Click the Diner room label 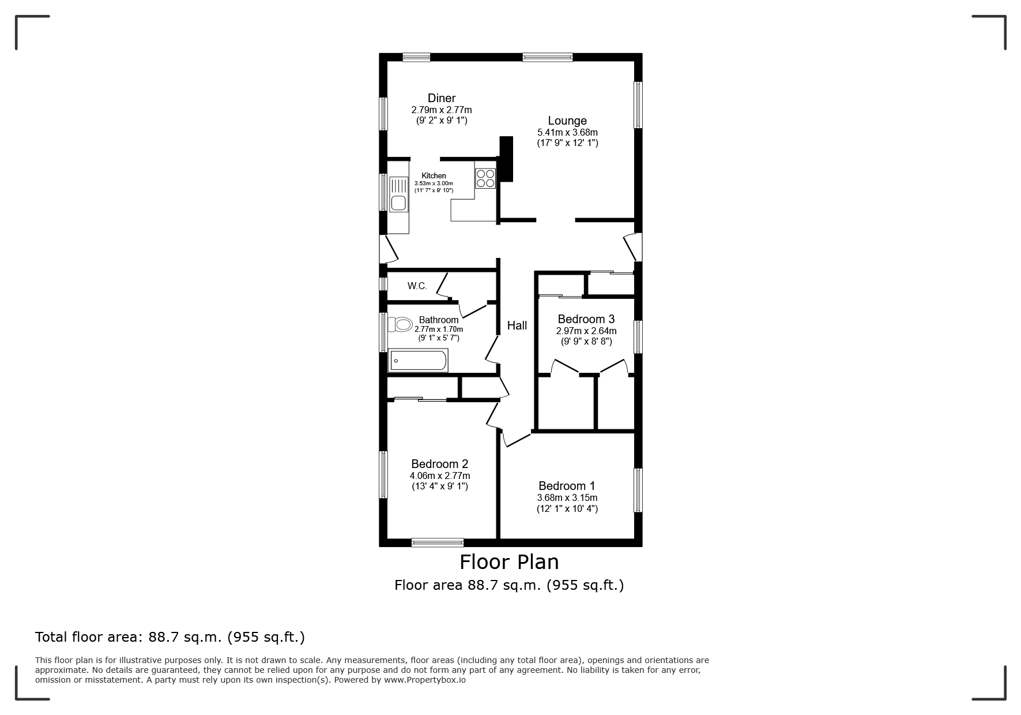point(442,98)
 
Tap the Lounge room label point(567,121)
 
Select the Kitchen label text point(434,176)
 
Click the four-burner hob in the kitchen point(485,178)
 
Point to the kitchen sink point(398,194)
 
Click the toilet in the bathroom point(400,324)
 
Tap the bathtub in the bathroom point(418,361)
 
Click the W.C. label point(417,286)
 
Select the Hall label point(517,325)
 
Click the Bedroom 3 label point(586,319)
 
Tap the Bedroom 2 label point(440,464)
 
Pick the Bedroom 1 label point(567,486)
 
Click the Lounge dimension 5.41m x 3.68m point(567,133)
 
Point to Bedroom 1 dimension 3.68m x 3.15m point(567,498)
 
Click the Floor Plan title point(509,561)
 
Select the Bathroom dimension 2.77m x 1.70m point(439,330)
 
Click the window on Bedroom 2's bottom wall point(438,542)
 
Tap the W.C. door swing point(443,284)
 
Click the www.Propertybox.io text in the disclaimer point(425,680)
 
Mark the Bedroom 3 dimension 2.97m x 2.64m point(586,331)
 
